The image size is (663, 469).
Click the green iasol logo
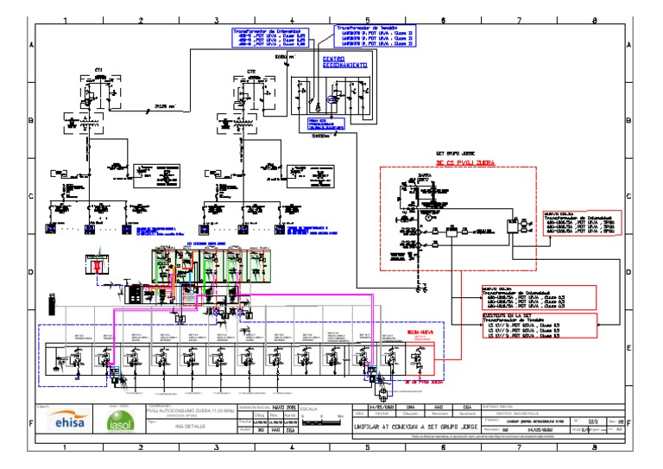[x=117, y=422]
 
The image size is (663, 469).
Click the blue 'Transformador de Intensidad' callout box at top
[x=270, y=36]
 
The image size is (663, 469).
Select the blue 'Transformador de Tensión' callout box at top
[x=375, y=35]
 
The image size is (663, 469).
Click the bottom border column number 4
[x=292, y=449]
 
